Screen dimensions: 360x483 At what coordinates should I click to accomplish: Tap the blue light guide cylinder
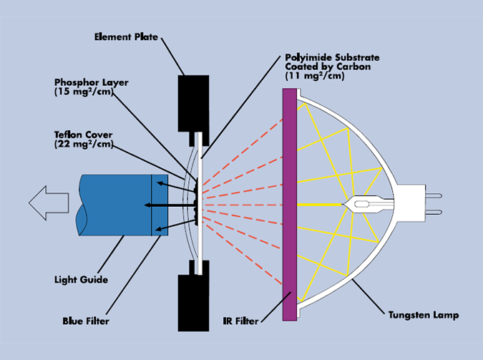click(114, 205)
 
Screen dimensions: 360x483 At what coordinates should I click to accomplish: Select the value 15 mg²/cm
click(84, 92)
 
